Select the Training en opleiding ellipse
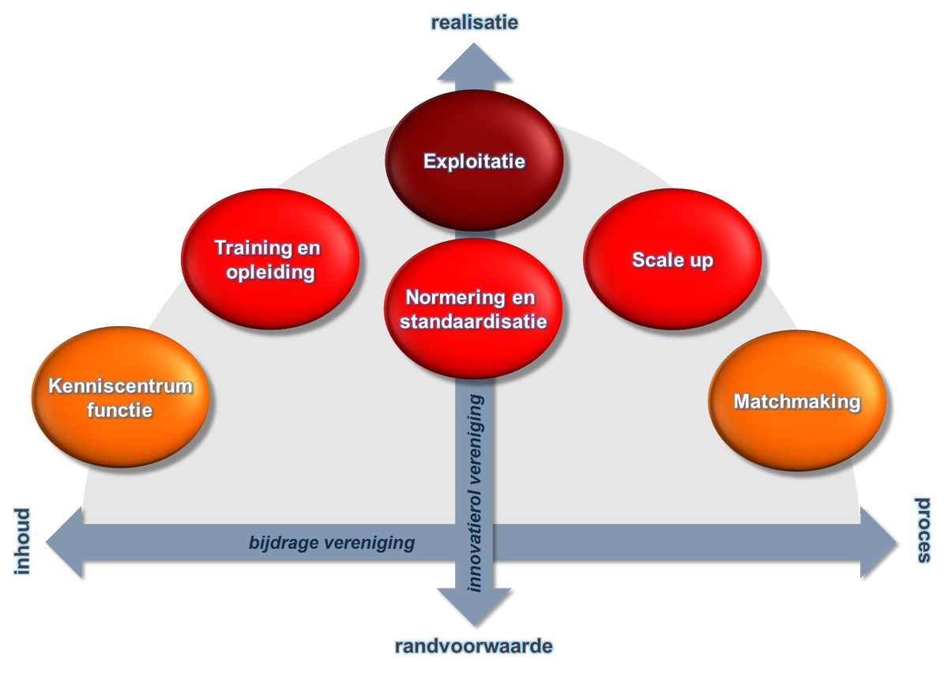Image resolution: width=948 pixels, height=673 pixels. click(270, 260)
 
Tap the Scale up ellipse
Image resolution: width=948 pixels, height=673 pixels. click(672, 260)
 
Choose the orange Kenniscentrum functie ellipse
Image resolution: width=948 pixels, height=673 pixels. click(120, 397)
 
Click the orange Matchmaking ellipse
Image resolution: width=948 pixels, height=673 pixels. click(796, 401)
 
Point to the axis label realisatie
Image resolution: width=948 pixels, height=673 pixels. click(474, 22)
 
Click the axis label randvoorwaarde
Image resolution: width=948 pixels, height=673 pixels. click(474, 646)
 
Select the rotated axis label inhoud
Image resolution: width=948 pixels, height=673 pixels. click(21, 541)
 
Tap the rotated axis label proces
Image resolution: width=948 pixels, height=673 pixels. click(924, 531)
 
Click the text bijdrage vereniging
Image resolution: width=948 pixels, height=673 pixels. click(332, 543)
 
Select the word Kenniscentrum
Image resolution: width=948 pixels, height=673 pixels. click(120, 386)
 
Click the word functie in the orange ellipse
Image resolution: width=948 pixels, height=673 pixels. click(120, 410)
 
